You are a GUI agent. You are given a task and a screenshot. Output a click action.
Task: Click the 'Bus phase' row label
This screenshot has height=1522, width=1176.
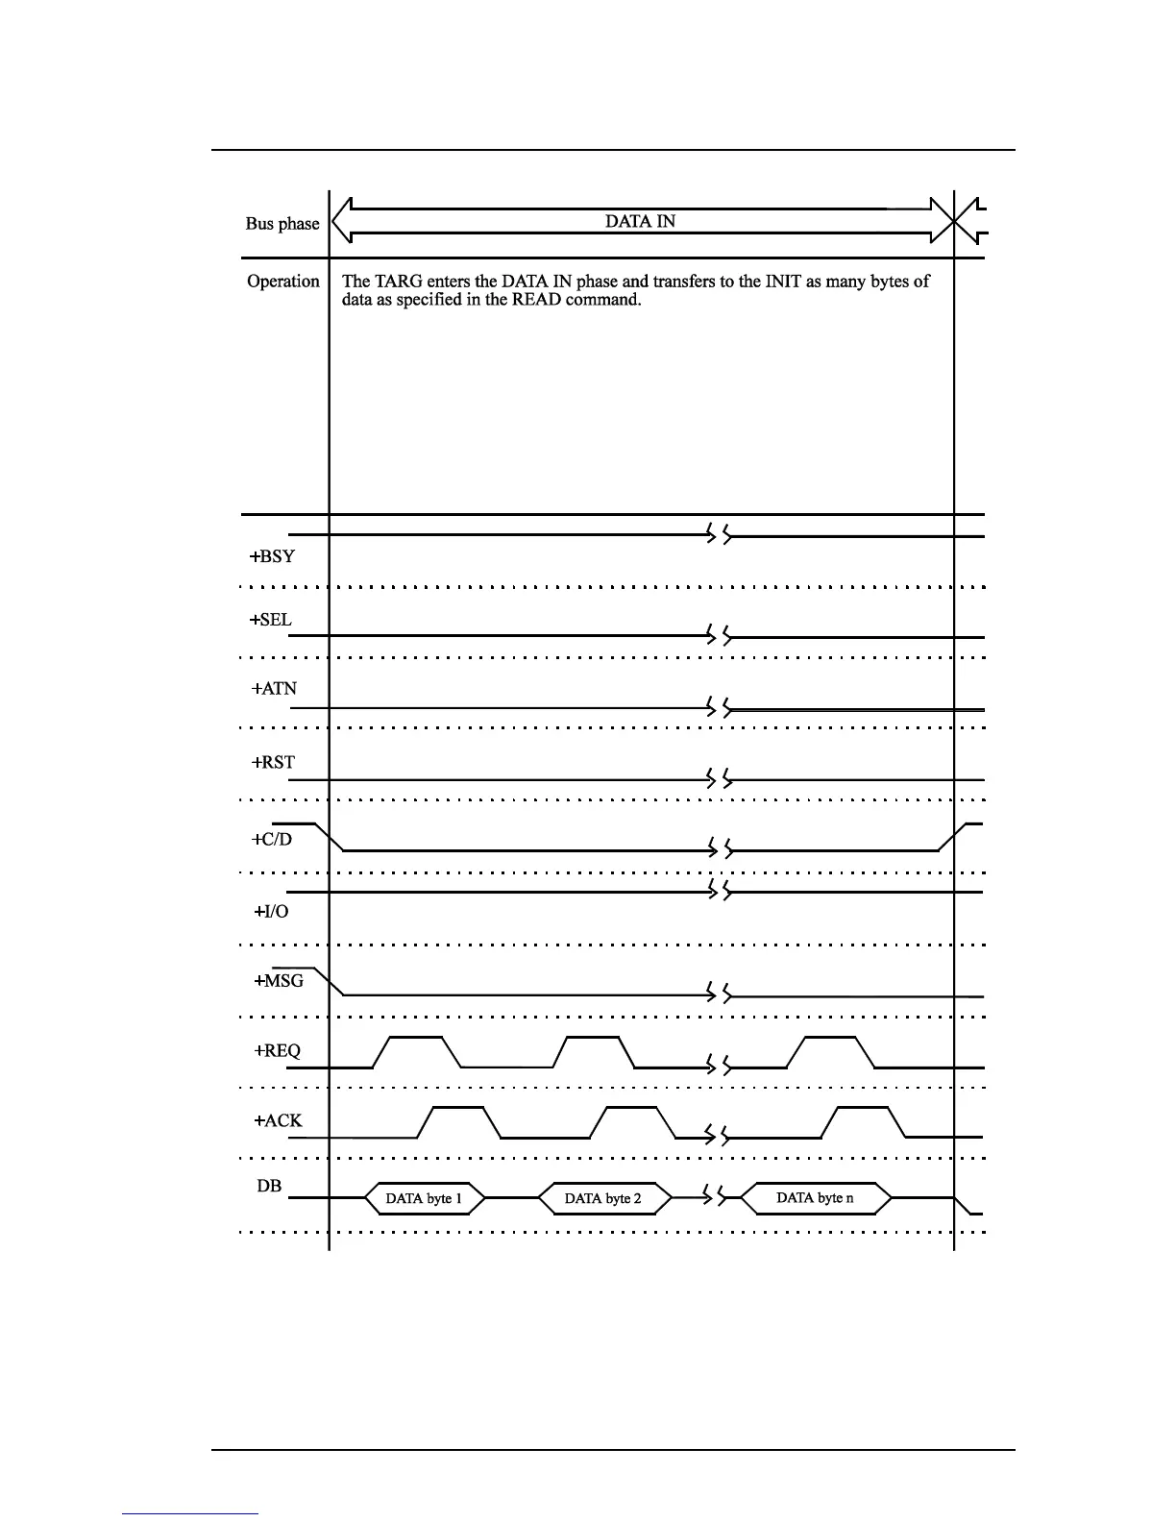[x=282, y=224]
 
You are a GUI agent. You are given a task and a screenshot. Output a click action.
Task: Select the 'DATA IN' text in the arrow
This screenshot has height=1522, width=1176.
[x=640, y=221]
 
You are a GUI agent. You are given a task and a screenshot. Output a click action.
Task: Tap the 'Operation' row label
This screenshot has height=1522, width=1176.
[x=282, y=282]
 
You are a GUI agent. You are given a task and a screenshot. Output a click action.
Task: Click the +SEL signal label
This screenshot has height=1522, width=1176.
[x=271, y=620]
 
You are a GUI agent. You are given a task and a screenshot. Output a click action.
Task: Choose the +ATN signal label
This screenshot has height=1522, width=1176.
[x=274, y=689]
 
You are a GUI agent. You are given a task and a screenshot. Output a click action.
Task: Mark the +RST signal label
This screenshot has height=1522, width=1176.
[x=273, y=763]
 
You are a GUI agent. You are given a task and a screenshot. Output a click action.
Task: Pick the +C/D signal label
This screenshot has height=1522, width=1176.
[x=272, y=839]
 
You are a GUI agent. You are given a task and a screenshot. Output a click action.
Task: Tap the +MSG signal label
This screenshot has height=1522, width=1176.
[x=279, y=981]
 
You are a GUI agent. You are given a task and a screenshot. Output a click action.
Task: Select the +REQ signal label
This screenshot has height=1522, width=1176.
[x=277, y=1051]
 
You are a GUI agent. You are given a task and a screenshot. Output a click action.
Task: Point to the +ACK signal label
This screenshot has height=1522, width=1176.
[x=278, y=1120]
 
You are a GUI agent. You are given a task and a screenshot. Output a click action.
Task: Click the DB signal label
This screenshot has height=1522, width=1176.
[x=269, y=1186]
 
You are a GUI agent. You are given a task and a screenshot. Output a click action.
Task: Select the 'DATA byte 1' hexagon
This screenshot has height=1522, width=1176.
[x=424, y=1198]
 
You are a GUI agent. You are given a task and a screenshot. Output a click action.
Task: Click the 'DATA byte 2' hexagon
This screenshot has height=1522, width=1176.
[x=602, y=1198]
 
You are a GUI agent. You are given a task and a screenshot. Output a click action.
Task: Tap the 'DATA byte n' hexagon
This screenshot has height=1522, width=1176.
[x=815, y=1198]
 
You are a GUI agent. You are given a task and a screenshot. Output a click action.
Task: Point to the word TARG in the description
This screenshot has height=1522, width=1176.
[x=398, y=282]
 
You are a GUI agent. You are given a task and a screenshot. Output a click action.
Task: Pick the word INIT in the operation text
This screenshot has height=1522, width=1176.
[x=778, y=282]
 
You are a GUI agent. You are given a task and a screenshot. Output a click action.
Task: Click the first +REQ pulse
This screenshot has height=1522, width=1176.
[x=417, y=1040]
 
